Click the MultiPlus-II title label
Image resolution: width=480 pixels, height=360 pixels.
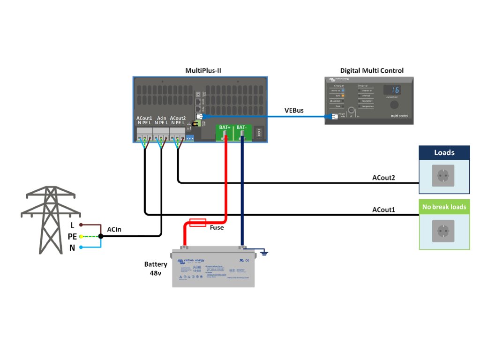tap(203, 70)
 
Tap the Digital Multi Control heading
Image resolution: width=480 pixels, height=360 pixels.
tap(372, 71)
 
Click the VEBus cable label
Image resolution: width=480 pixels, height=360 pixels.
tap(294, 111)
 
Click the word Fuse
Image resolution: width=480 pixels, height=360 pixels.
tap(217, 228)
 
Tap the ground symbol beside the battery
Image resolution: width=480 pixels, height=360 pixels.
tap(264, 253)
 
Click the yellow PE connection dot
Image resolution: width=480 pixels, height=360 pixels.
tap(81, 237)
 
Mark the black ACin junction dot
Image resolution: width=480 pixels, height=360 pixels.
tap(101, 237)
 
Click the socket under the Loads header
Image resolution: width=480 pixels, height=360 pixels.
tap(443, 177)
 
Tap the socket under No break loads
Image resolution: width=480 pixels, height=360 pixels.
tap(443, 231)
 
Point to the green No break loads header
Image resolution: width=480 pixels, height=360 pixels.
tap(444, 207)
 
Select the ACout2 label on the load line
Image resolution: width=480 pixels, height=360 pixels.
tap(383, 178)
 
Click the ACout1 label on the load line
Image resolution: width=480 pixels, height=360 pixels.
tap(383, 210)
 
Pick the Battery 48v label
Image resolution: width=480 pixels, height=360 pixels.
tap(155, 269)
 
